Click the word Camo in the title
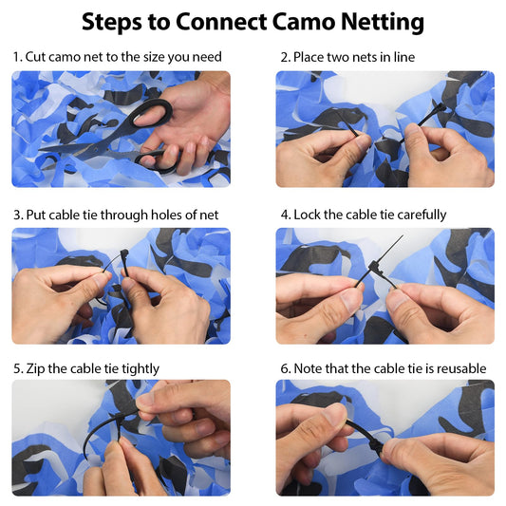coord(303,22)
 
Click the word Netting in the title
coord(383,23)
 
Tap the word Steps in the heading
coord(112,23)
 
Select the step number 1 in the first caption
coord(16,57)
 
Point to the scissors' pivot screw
coord(97,149)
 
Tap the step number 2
coord(284,58)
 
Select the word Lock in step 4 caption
coord(307,215)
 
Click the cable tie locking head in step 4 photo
coord(376,267)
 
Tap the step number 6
coord(285,369)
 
